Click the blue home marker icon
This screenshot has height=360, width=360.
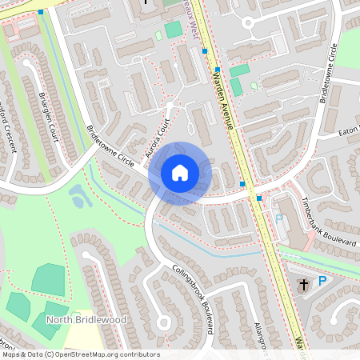pos(180,173)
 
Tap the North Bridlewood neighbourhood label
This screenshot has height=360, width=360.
pos(86,319)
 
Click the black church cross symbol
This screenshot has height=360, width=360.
pos(303,284)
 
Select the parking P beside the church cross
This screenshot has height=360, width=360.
pos(322,281)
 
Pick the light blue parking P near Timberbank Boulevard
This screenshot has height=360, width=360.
pos(279,218)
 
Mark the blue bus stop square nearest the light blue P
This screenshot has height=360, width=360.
pos(259,198)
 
